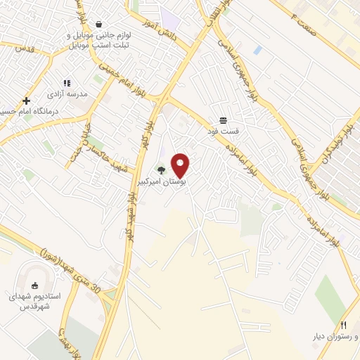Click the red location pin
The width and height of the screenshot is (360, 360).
[181, 165]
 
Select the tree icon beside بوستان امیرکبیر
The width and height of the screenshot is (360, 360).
[162, 169]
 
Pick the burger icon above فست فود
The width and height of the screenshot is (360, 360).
[223, 120]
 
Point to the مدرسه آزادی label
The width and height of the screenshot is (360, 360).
[67, 94]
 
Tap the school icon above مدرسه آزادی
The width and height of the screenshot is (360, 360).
[67, 83]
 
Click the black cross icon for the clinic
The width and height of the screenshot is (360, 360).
[27, 101]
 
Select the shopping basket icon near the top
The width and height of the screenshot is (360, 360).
[98, 24]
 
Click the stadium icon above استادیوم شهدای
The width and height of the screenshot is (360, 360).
[35, 285]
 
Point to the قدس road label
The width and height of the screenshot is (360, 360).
[24, 49]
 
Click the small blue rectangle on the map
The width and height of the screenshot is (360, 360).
[258, 51]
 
